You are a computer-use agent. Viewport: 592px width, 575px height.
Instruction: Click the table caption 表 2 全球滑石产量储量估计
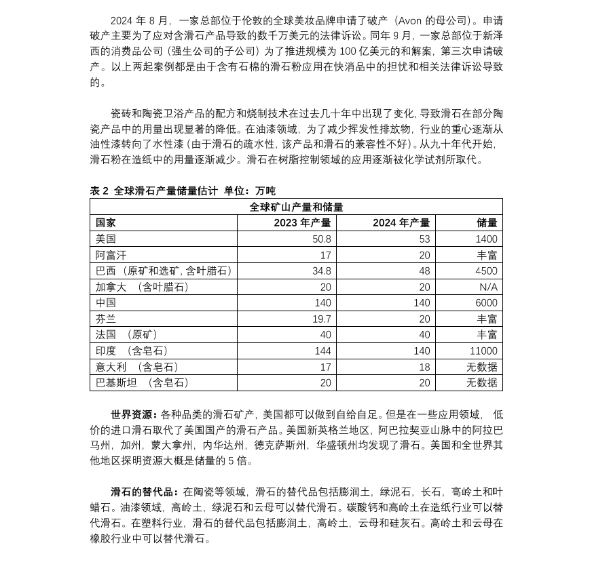tap(154, 191)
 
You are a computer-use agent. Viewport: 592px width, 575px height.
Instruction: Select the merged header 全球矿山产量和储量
tap(296, 207)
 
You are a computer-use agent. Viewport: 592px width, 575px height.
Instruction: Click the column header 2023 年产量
tap(302, 222)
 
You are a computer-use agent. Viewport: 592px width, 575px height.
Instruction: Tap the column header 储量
tap(487, 222)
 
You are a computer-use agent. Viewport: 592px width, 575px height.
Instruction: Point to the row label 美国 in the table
tap(106, 239)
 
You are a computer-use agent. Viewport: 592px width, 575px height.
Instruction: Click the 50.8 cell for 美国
tap(322, 239)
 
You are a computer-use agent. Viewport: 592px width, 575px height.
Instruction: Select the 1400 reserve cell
tap(486, 239)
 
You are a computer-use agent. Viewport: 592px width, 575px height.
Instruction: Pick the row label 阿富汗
tap(111, 255)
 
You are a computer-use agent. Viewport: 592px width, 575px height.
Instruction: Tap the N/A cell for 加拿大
tap(488, 287)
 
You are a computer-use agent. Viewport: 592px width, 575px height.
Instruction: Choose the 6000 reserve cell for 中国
tap(486, 303)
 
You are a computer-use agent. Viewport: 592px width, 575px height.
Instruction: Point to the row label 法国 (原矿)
tap(127, 335)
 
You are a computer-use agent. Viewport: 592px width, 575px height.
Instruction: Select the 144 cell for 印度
tap(322, 351)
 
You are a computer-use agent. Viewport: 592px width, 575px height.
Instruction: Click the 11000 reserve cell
tap(483, 351)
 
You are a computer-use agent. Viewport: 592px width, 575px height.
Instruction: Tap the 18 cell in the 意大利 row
tap(424, 367)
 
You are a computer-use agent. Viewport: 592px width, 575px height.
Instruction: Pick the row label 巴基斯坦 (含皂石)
tap(143, 383)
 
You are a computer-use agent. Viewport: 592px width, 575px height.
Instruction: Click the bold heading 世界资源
tap(134, 414)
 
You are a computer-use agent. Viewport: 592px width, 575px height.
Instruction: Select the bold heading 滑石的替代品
tap(144, 492)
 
